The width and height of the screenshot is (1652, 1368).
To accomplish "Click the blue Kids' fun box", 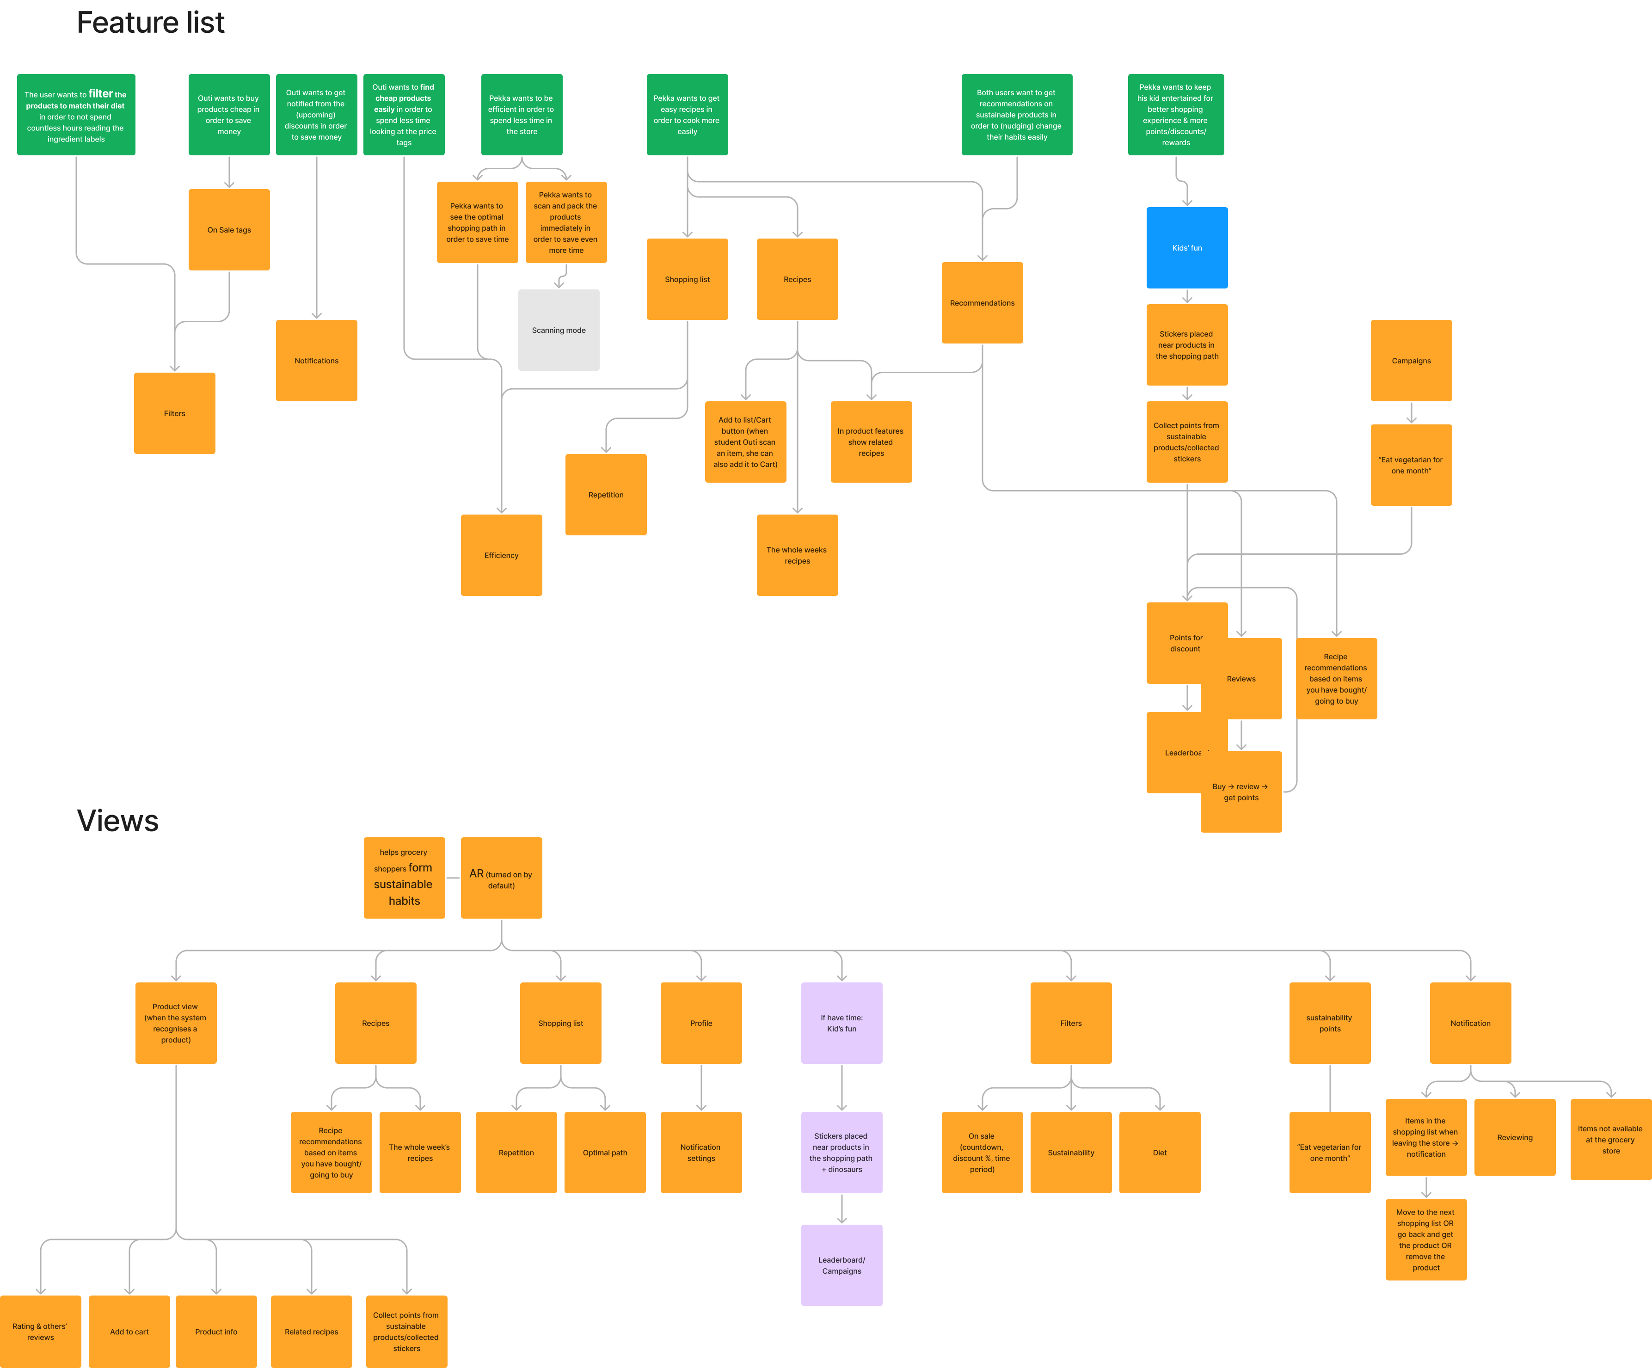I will point(1186,248).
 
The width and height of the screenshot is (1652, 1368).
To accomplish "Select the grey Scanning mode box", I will point(559,331).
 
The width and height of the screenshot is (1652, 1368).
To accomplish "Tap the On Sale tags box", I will point(229,230).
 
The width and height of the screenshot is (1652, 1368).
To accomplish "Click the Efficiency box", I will point(501,555).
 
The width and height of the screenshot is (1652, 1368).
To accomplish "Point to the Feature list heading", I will point(150,23).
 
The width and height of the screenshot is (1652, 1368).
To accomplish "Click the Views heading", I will point(118,821).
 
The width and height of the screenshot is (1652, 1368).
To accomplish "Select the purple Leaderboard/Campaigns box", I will point(841,1265).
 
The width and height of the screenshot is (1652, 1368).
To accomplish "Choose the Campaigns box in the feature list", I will point(1411,360).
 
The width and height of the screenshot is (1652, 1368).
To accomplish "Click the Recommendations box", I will point(982,303).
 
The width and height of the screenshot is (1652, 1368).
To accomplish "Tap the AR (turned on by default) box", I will point(501,878).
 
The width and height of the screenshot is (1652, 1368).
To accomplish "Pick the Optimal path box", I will point(604,1153).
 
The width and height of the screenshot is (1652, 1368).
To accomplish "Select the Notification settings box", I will point(700,1153).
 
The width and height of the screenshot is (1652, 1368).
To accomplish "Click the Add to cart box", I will point(129,1332).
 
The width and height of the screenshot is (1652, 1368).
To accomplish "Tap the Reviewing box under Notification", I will point(1514,1137).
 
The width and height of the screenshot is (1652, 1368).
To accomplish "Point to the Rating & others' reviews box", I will point(40,1332).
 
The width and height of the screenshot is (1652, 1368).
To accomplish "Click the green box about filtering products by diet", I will point(75,115).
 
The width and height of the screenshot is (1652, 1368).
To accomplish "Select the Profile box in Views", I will point(700,1023).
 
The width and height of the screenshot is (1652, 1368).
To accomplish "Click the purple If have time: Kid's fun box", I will point(841,1023).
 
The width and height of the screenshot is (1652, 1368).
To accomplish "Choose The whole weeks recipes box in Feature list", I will point(797,555).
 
